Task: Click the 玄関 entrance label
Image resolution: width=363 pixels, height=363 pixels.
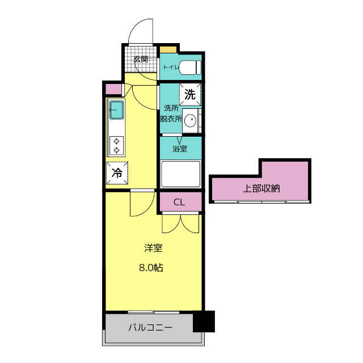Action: pos(141,59)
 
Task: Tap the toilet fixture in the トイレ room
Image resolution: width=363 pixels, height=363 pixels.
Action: pos(191,67)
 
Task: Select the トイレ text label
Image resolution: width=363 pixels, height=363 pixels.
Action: pos(171,67)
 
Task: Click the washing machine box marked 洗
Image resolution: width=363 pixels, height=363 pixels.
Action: pos(190,95)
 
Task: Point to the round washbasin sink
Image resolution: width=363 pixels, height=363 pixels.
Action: pos(191,120)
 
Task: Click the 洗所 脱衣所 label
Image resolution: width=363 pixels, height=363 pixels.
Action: pos(171,113)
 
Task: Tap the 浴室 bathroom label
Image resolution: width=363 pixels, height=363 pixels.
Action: pos(180,149)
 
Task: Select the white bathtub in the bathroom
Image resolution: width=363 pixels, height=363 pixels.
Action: pos(180,174)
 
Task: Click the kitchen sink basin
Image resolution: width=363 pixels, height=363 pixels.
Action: pos(117,110)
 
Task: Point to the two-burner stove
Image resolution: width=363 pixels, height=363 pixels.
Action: pos(116,146)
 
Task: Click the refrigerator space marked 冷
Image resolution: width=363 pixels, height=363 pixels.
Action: pos(117,173)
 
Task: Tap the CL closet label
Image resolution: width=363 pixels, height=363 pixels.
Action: pos(179,202)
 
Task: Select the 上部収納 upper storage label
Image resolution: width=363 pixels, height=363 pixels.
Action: pos(261,188)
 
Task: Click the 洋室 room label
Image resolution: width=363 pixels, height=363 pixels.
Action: pos(153,248)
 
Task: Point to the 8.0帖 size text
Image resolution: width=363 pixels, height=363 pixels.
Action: pos(151,268)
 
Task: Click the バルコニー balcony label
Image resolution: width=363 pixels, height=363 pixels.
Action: pos(150,327)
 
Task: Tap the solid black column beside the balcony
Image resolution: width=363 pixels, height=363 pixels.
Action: pos(204,322)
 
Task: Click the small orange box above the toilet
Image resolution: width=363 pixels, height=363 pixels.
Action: pos(168,49)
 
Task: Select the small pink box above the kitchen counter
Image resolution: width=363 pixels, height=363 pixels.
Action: pos(113,89)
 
